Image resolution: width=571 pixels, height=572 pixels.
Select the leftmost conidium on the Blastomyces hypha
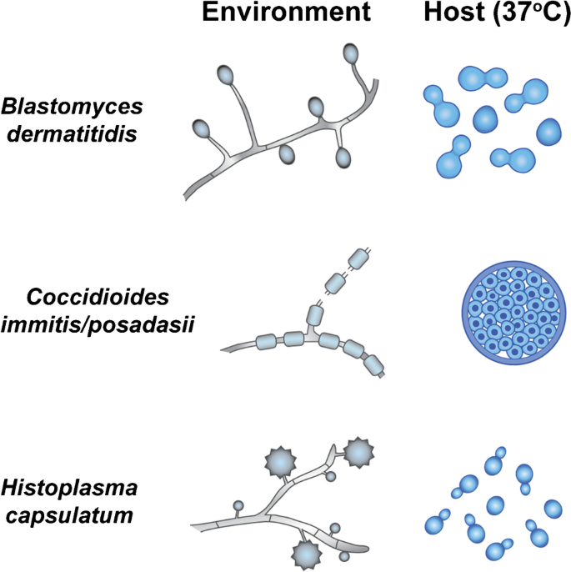(x=201, y=129)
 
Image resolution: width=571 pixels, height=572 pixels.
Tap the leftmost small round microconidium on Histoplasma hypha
(x=238, y=506)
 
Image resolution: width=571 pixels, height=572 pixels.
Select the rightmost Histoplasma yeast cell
(x=553, y=509)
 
